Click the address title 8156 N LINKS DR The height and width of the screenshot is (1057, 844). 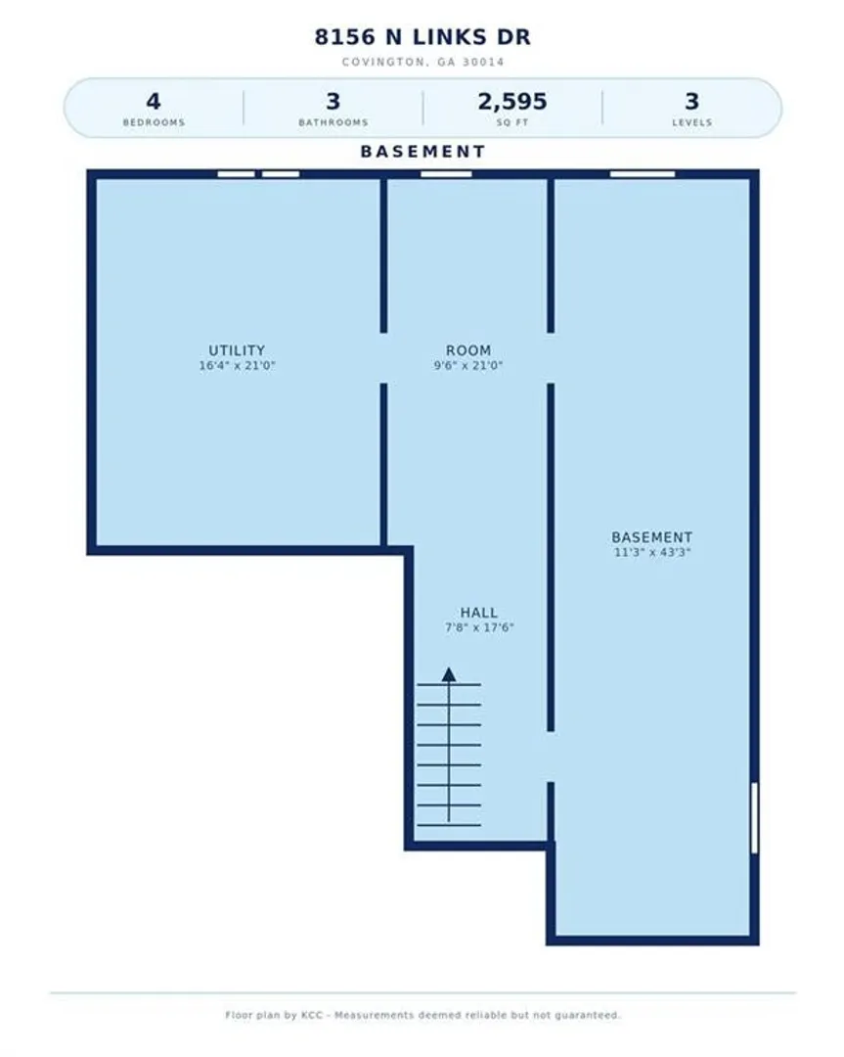[422, 37]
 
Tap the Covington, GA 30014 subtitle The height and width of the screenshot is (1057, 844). [423, 62]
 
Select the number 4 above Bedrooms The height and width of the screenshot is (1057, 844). [154, 102]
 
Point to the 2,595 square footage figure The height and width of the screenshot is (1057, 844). [512, 102]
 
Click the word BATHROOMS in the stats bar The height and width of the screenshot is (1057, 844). [333, 122]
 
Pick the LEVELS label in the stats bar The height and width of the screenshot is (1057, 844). [691, 122]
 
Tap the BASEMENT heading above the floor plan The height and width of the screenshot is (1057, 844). [422, 152]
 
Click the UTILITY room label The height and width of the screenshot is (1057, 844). [237, 350]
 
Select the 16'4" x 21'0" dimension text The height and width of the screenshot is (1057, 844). [237, 366]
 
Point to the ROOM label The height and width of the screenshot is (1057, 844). [468, 350]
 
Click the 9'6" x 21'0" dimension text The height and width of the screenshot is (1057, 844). [468, 366]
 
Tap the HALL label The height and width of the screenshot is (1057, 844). [479, 613]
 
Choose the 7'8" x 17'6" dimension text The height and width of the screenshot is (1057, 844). [479, 627]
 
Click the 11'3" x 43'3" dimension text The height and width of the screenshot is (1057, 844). [652, 553]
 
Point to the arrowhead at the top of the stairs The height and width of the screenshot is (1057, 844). [449, 674]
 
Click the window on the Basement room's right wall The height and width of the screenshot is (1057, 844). [754, 817]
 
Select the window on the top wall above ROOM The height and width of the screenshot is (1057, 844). [446, 174]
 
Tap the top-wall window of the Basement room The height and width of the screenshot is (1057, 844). [643, 174]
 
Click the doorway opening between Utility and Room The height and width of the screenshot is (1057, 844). [384, 358]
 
